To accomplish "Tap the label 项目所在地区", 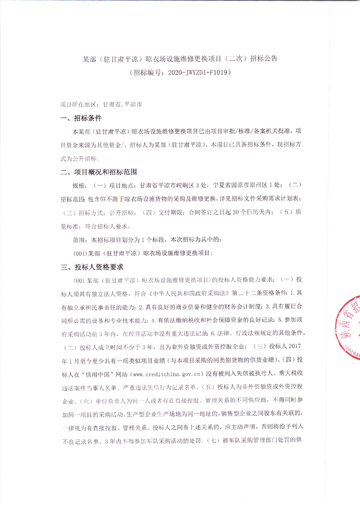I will (x=77, y=104).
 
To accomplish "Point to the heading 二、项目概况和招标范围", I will (x=99, y=172).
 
